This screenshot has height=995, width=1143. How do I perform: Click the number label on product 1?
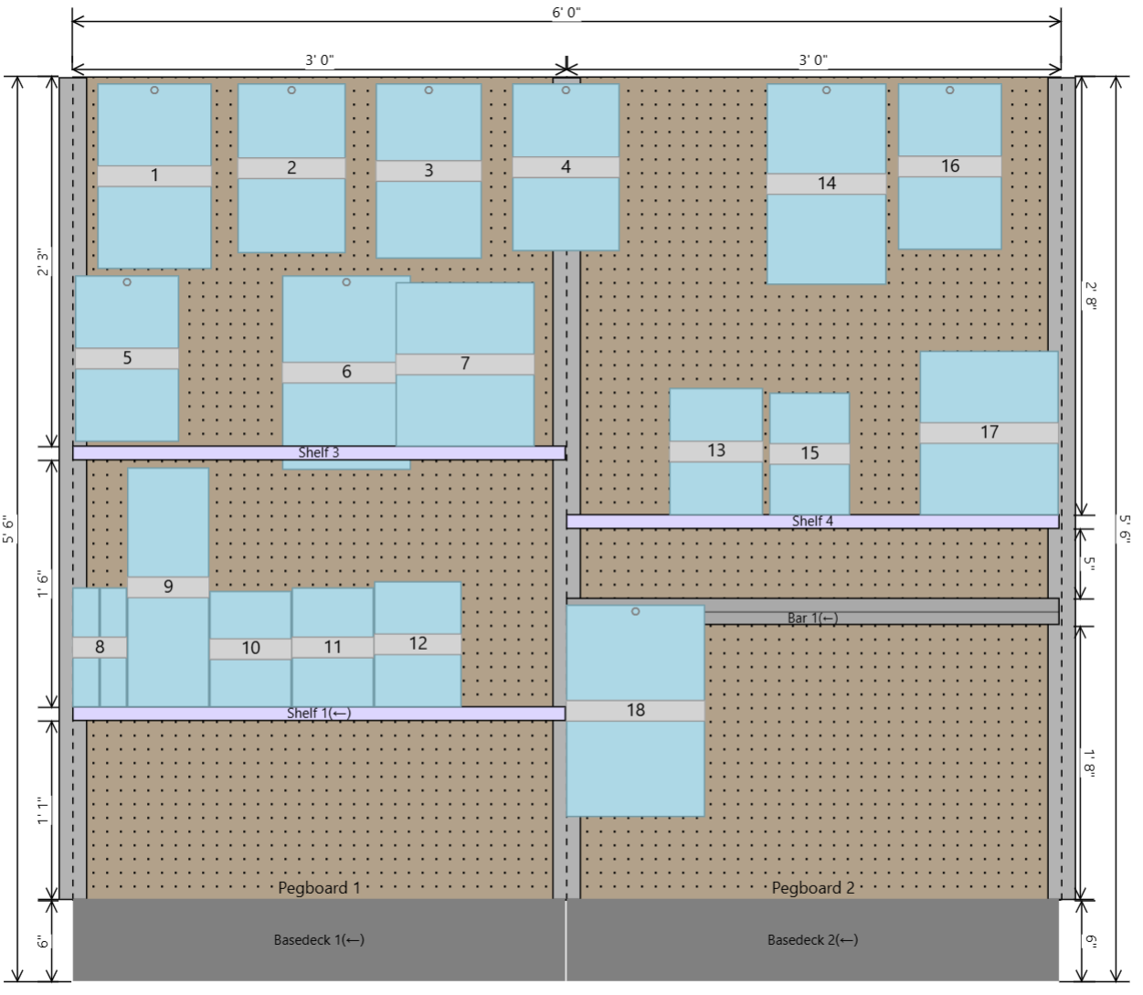(x=154, y=175)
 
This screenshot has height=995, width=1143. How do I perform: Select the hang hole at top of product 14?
(x=826, y=90)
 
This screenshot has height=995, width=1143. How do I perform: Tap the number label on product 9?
(x=168, y=587)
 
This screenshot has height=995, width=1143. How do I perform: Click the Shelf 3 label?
(x=319, y=452)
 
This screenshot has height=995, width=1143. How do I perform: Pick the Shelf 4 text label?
(x=812, y=521)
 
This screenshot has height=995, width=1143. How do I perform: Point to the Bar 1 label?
(x=812, y=618)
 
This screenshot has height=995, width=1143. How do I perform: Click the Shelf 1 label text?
(x=319, y=714)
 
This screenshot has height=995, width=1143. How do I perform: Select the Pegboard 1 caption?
(x=319, y=888)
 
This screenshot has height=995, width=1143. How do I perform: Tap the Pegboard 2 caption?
(x=813, y=888)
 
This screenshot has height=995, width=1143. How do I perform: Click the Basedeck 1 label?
(x=319, y=940)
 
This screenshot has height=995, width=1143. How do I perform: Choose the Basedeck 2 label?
(x=812, y=940)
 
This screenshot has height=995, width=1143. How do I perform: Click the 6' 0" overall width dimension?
(x=566, y=12)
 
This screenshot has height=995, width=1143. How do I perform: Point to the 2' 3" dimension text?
(x=42, y=262)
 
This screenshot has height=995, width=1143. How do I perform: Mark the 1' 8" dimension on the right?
(x=1089, y=763)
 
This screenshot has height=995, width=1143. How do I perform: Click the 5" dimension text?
(x=1089, y=563)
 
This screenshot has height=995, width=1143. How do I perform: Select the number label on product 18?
(x=635, y=710)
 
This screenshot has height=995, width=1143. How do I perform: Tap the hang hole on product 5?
(x=127, y=282)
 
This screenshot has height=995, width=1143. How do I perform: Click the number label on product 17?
(x=989, y=432)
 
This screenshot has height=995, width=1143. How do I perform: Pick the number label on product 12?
(x=418, y=643)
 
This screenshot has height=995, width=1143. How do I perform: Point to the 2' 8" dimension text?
(x=1090, y=296)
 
